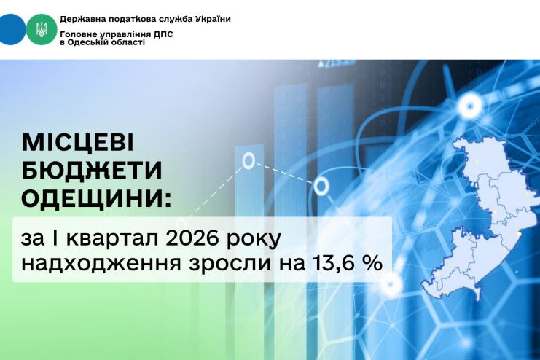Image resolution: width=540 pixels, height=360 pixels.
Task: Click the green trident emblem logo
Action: point(42,30)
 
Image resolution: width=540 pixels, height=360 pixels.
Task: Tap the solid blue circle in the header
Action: point(12,30)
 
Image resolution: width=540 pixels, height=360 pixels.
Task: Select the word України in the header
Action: point(213,19)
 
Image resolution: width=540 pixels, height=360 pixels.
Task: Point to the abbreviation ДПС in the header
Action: point(163,34)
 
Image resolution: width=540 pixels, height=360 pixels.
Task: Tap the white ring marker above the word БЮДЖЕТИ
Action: point(249,160)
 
